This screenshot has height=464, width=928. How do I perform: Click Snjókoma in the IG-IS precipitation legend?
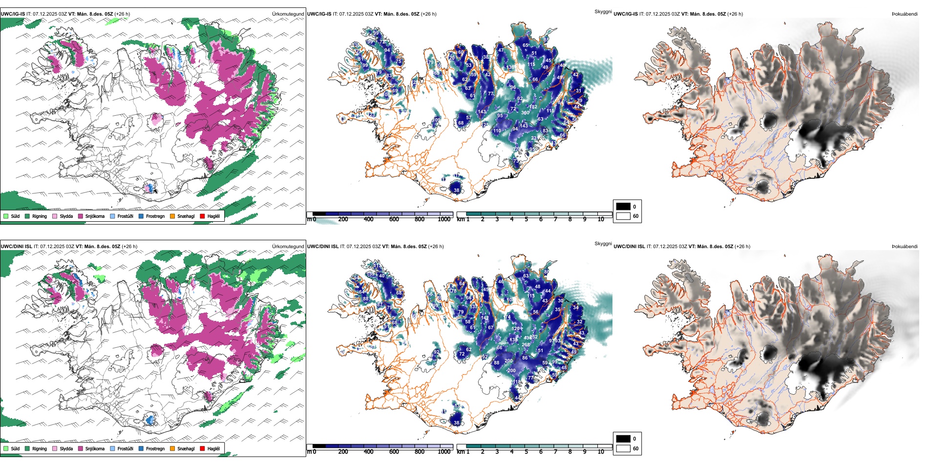pyautogui.click(x=95, y=216)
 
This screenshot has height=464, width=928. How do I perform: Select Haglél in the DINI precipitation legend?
pyautogui.click(x=213, y=448)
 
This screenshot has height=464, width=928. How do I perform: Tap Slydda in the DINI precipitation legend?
pyautogui.click(x=66, y=448)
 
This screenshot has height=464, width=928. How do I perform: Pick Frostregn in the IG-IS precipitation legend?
pyautogui.click(x=155, y=216)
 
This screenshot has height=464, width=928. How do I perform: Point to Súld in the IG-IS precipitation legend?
pyautogui.click(x=15, y=216)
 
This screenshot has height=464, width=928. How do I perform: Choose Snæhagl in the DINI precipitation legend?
pyautogui.click(x=186, y=448)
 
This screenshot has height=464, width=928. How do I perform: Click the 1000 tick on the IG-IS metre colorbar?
pyautogui.click(x=444, y=219)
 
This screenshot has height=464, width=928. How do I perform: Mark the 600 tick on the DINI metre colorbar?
pyautogui.click(x=394, y=452)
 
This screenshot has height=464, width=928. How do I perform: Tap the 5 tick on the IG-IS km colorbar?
pyautogui.click(x=526, y=219)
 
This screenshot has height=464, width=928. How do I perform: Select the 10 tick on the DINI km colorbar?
pyautogui.click(x=601, y=452)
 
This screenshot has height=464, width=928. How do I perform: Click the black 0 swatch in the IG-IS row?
pyautogui.click(x=623, y=207)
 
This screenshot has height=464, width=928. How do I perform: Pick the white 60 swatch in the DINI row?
pyautogui.click(x=623, y=448)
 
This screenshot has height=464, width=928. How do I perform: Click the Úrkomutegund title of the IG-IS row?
pyautogui.click(x=288, y=14)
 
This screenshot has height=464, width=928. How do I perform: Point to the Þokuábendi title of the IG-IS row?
pyautogui.click(x=905, y=14)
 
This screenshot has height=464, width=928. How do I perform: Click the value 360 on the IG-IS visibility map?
pyautogui.click(x=525, y=113)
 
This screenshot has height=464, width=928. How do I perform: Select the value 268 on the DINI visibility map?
pyautogui.click(x=526, y=345)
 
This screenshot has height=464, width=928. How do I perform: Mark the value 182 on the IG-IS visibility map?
pyautogui.click(x=533, y=107)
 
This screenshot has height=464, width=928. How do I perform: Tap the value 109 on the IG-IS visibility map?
pyautogui.click(x=436, y=120)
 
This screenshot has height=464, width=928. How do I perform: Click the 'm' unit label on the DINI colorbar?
pyautogui.click(x=309, y=452)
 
